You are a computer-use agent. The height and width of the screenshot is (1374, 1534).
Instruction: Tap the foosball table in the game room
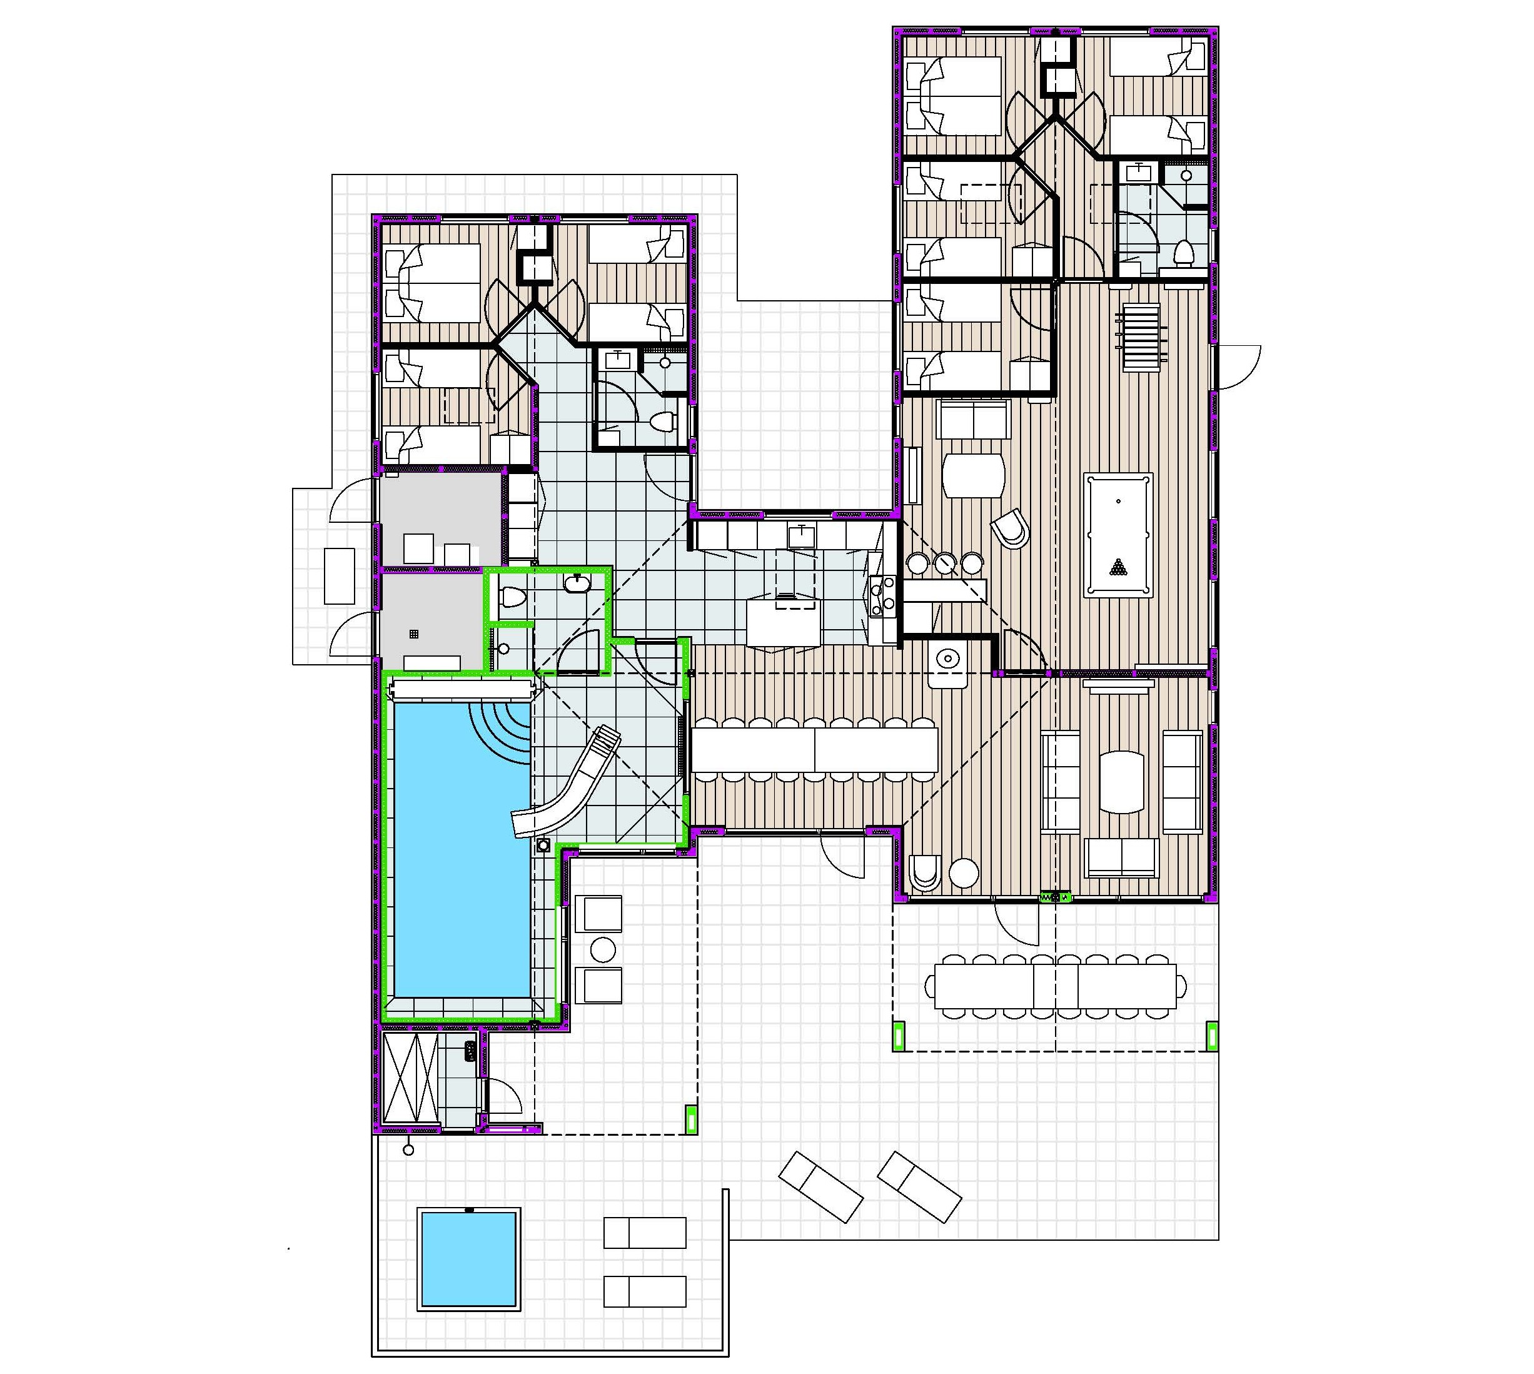point(1141,336)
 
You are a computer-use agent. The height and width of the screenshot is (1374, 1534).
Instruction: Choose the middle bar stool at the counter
point(944,562)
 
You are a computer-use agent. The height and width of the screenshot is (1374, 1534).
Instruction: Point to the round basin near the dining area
point(947,659)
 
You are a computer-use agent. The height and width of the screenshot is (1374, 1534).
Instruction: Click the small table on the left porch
point(339,575)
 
